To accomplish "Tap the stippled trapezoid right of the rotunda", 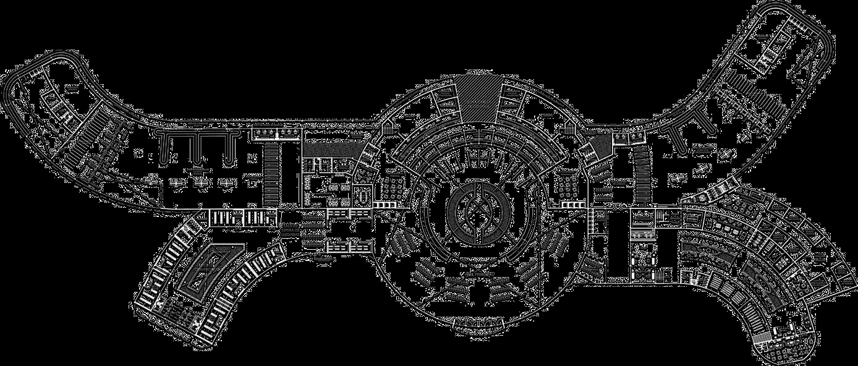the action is (x=597, y=149).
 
